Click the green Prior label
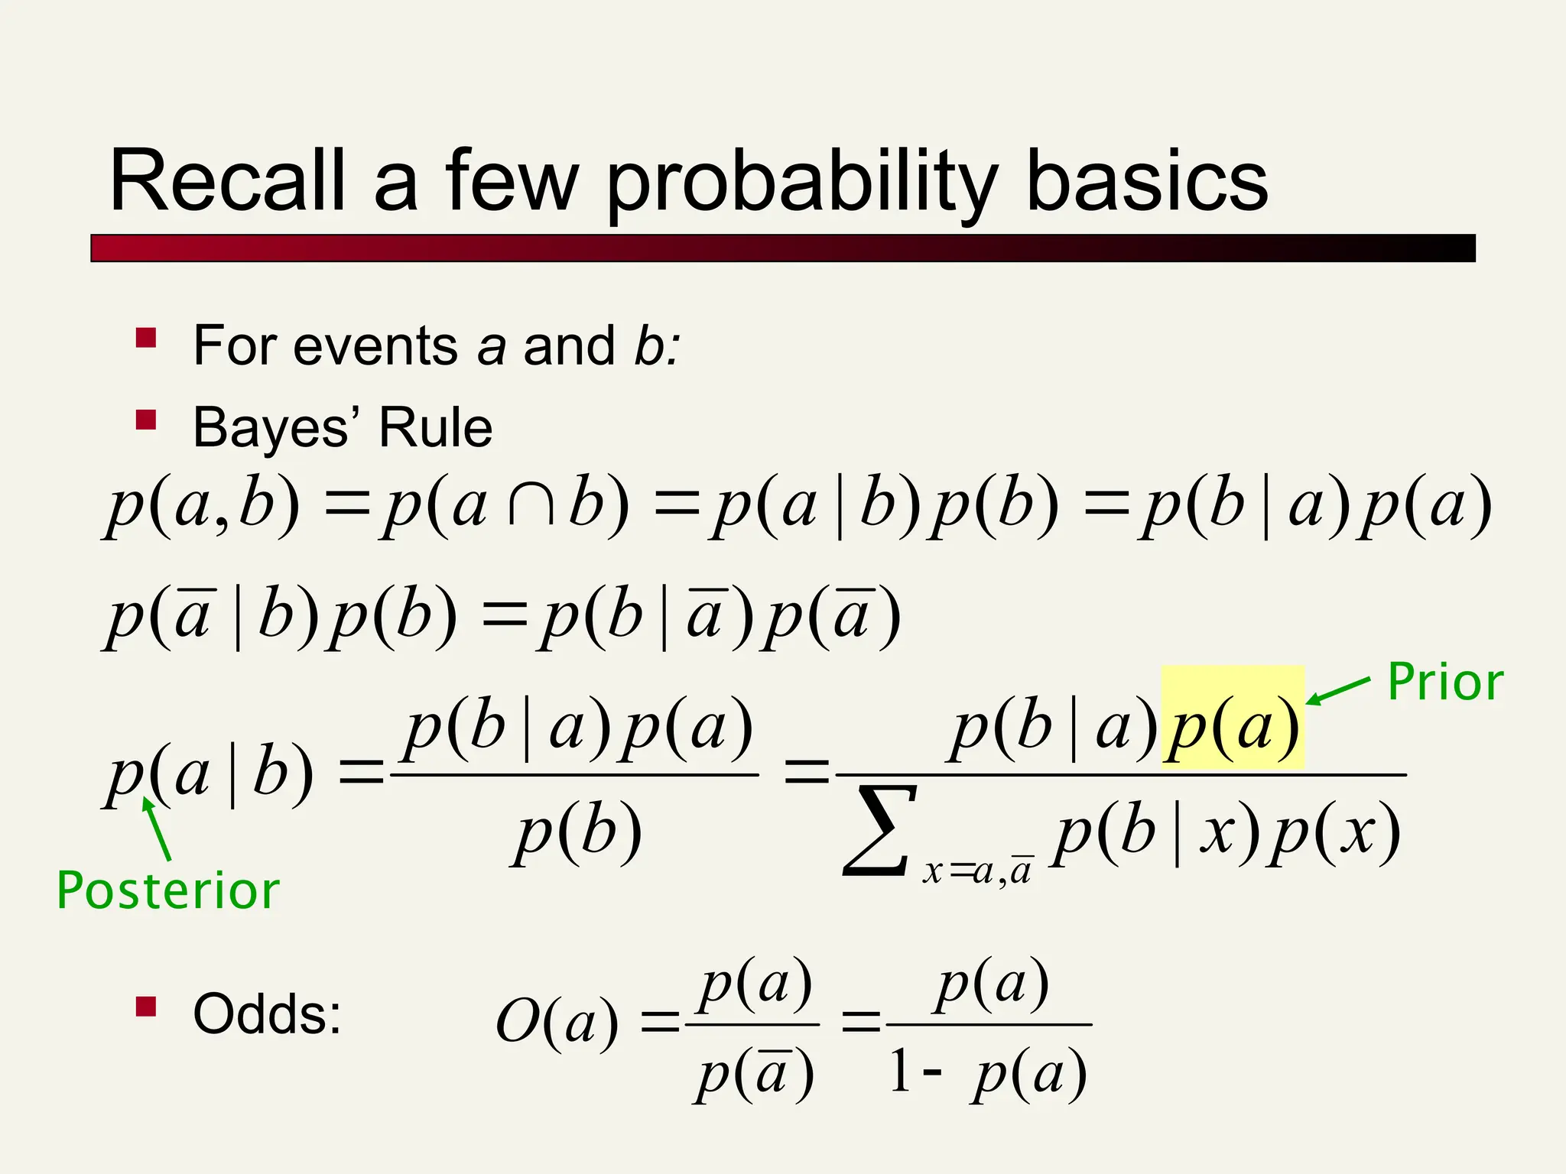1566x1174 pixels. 1445,682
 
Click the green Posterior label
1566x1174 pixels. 168,891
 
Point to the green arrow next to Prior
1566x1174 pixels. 1338,689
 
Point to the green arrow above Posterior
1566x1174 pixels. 157,829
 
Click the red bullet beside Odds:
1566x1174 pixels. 146,1007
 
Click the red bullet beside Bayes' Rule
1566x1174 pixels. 146,420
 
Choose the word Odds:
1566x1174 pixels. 267,1014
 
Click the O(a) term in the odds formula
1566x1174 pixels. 556,1022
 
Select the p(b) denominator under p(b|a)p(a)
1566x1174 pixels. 577,832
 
